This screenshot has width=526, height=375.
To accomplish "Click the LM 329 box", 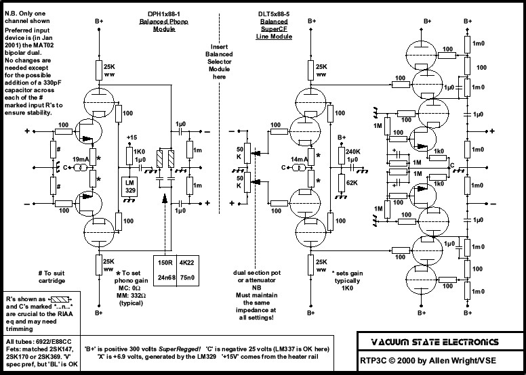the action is pos(129,187).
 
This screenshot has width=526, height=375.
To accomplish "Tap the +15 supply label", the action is pos(131,137).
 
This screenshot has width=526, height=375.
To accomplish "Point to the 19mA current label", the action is pos(81,160).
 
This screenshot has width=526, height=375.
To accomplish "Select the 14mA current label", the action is pos(300,160).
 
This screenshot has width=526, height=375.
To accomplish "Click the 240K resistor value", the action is pos(353,152).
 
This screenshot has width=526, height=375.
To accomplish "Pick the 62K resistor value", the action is pos(352,183).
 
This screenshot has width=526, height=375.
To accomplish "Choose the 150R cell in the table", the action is pos(165,263).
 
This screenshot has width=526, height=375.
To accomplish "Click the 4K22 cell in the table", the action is pos(186,263).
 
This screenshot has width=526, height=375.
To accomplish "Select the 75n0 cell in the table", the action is pos(186,278).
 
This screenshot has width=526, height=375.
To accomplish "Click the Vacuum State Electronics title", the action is pos(434,342).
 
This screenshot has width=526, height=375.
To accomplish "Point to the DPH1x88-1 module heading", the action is pos(164,14).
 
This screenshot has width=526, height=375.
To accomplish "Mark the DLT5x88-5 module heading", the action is pos(274,14).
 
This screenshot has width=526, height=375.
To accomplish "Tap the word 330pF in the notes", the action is pos(52,83).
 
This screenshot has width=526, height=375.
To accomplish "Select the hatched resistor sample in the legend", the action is pos(60,299).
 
